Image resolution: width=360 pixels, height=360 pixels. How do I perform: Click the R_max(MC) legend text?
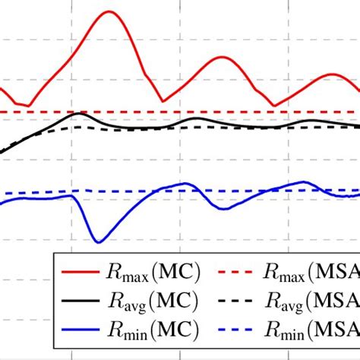(x=155, y=270)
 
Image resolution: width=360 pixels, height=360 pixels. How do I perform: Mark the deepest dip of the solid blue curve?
(x=97, y=242)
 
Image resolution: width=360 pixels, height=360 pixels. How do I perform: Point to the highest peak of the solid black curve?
(x=79, y=113)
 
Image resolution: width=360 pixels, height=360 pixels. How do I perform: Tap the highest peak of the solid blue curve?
(x=304, y=182)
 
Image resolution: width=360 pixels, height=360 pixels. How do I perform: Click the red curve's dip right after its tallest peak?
(x=163, y=101)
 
